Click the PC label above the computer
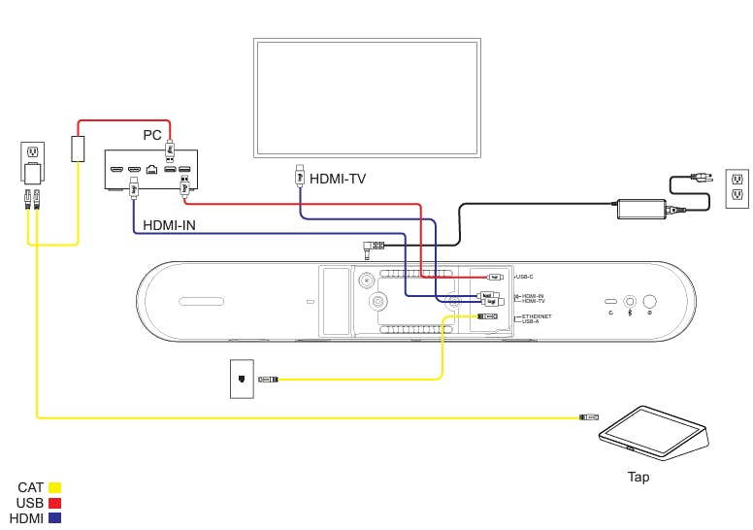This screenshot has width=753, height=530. (152, 135)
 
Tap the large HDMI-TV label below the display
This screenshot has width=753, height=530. (338, 179)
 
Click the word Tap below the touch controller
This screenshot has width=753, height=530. (638, 477)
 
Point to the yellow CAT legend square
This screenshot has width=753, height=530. (55, 487)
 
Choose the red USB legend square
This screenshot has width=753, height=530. (55, 503)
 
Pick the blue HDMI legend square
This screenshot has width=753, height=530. (55, 518)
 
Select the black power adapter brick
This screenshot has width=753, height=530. (640, 208)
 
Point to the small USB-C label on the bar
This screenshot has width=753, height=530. (524, 278)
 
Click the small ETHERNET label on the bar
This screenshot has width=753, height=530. (536, 316)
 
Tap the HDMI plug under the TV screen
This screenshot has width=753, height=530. (300, 177)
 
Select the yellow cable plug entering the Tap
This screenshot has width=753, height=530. (588, 417)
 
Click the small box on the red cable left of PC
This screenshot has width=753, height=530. (78, 149)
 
